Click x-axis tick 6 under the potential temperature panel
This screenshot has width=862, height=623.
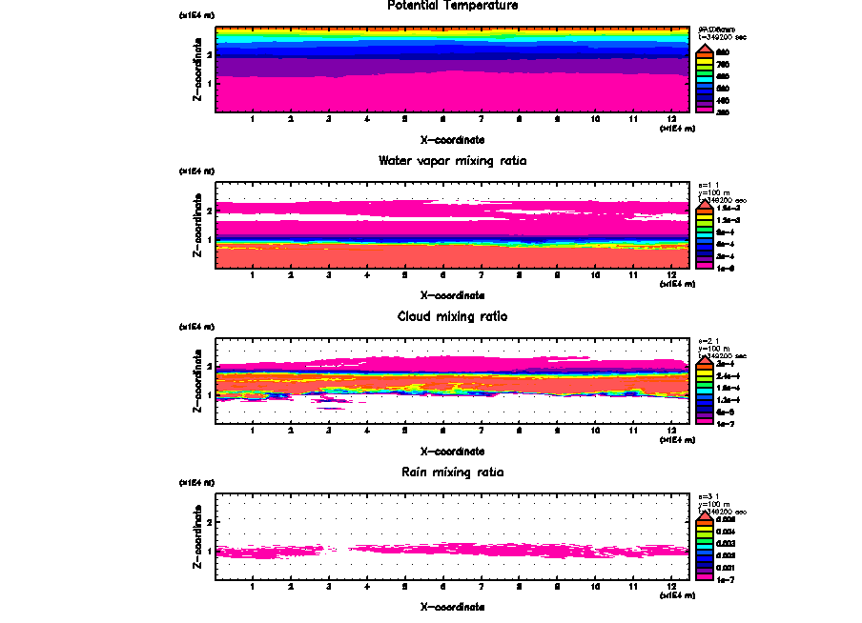[x=442, y=120]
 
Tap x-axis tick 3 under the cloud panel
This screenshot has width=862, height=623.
[x=328, y=431]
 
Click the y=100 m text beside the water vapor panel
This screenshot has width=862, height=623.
[x=713, y=193]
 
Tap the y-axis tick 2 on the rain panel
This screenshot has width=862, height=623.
[x=209, y=522]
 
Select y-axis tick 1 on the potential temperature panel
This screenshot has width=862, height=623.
[x=209, y=82]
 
